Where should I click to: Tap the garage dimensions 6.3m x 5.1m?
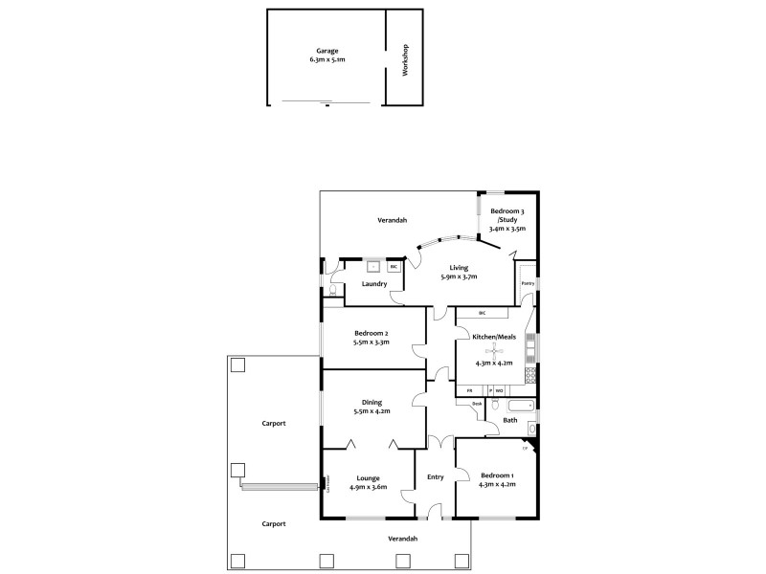pyautogui.click(x=327, y=59)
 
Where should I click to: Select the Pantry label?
pyautogui.click(x=527, y=283)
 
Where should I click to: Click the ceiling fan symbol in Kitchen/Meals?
pyautogui.click(x=494, y=349)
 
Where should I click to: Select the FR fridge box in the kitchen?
pyautogui.click(x=469, y=390)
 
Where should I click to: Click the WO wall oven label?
pyautogui.click(x=500, y=390)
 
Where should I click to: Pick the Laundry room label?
pyautogui.click(x=374, y=283)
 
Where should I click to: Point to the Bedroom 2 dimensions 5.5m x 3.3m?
pyautogui.click(x=372, y=342)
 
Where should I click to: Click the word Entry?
pyautogui.click(x=435, y=476)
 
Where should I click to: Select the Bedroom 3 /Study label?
pyautogui.click(x=506, y=219)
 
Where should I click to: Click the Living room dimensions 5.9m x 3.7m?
pyautogui.click(x=459, y=276)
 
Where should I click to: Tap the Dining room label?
pyautogui.click(x=372, y=402)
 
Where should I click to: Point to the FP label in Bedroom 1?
pyautogui.click(x=525, y=449)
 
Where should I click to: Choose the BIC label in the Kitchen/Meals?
pyautogui.click(x=483, y=313)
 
